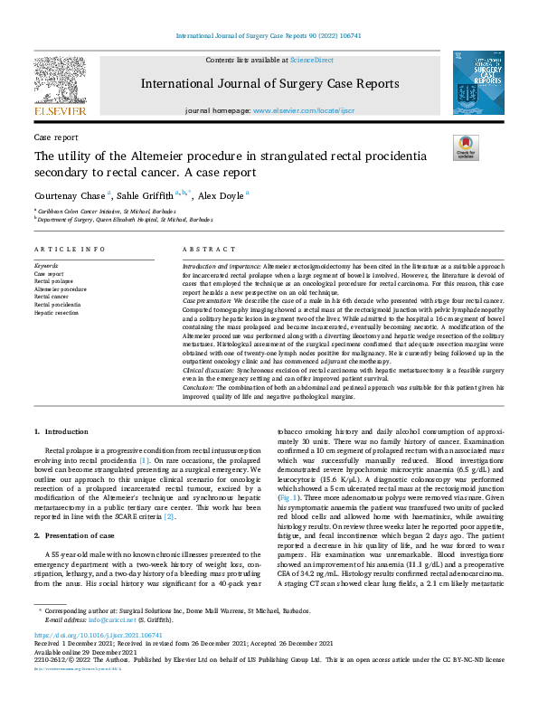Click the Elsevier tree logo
[x=60, y=84]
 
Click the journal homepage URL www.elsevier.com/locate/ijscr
[x=303, y=110]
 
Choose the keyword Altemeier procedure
[x=61, y=288]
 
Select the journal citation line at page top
[x=269, y=35]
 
